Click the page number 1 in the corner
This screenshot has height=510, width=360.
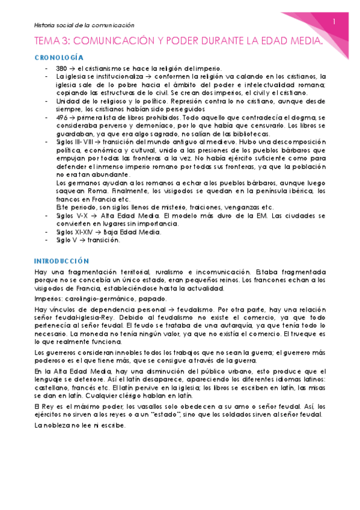pyautogui.click(x=334, y=21)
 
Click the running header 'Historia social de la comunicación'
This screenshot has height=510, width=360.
pyautogui.click(x=84, y=26)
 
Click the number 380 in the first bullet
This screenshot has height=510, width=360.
pyautogui.click(x=61, y=68)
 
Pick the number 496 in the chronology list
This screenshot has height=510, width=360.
pyautogui.click(x=61, y=118)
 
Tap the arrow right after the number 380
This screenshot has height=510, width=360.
pyautogui.click(x=72, y=68)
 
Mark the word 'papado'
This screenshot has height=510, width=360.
pyautogui.click(x=151, y=298)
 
